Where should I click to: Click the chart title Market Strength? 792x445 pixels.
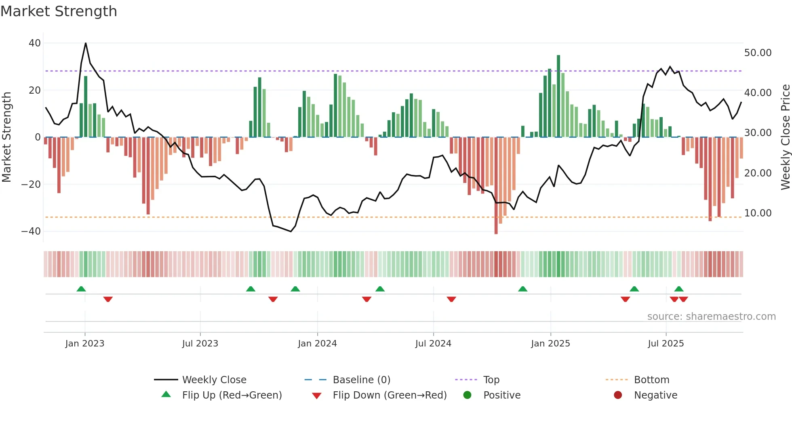[59, 11]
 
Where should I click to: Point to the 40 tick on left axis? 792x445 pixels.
[35, 43]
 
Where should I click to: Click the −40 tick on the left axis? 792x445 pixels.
[31, 231]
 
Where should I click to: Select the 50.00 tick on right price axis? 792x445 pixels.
[758, 53]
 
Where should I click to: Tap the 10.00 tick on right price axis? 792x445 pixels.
[758, 213]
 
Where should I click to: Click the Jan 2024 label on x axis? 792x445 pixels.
[317, 344]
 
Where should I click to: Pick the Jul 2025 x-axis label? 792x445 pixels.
[666, 344]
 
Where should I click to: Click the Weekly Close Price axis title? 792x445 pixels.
[785, 137]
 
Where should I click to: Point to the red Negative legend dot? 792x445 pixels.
[618, 395]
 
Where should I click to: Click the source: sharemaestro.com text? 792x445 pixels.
[711, 317]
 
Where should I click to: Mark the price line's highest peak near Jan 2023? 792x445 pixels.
[86, 43]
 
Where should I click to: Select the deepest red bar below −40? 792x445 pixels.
[496, 186]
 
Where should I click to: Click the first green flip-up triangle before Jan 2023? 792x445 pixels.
[81, 289]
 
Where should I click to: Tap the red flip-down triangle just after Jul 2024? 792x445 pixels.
[451, 299]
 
